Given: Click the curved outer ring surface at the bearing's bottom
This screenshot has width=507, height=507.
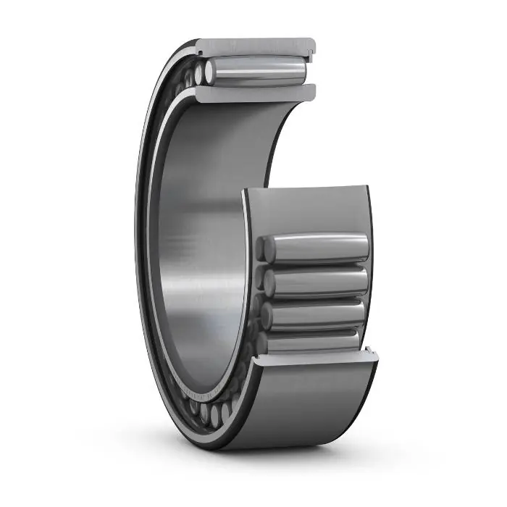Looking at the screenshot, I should coord(311,406).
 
